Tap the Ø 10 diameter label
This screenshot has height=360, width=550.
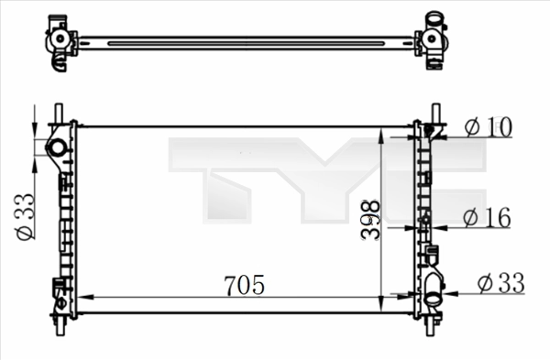pyautogui.click(x=487, y=127)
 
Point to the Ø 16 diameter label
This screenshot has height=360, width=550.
pyautogui.click(x=487, y=217)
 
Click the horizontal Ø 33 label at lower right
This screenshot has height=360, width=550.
pyautogui.click(x=500, y=284)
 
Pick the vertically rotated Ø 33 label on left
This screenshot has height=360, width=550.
pyautogui.click(x=25, y=215)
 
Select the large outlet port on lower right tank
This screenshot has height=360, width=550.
pyautogui.click(x=431, y=296)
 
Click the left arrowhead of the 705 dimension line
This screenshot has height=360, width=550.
pyautogui.click(x=83, y=297)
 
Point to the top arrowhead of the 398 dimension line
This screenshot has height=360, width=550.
pyautogui.click(x=381, y=132)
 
